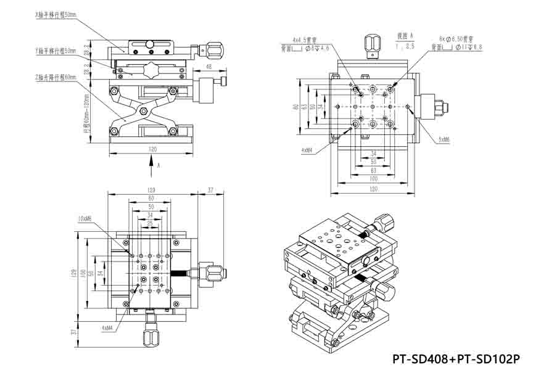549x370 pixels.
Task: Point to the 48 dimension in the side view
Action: [x=208, y=67]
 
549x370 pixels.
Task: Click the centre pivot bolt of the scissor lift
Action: [x=143, y=111]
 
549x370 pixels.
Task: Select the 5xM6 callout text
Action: [x=444, y=140]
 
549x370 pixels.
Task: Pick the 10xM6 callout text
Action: [x=85, y=218]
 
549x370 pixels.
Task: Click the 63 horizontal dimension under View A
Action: [x=373, y=170]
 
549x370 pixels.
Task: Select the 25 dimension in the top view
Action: [x=151, y=223]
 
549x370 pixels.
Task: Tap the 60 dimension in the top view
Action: [x=151, y=198]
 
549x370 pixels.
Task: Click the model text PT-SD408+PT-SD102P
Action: [x=456, y=359]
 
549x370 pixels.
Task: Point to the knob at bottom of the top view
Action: [x=151, y=334]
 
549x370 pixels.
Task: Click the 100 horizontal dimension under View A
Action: [x=373, y=178]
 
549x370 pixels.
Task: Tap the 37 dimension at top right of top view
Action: [x=211, y=190]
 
